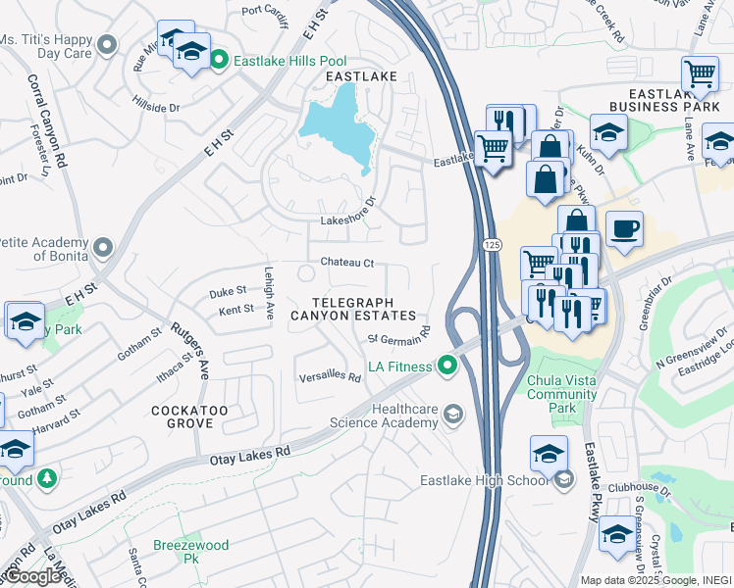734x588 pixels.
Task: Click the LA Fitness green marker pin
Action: point(448,367)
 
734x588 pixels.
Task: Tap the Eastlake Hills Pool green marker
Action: point(221,61)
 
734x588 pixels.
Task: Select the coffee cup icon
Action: point(624,231)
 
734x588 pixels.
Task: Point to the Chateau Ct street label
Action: point(347,263)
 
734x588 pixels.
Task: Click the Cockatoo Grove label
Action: point(183,416)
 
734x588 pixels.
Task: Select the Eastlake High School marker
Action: point(563,480)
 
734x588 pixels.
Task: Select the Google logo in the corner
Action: point(33,576)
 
